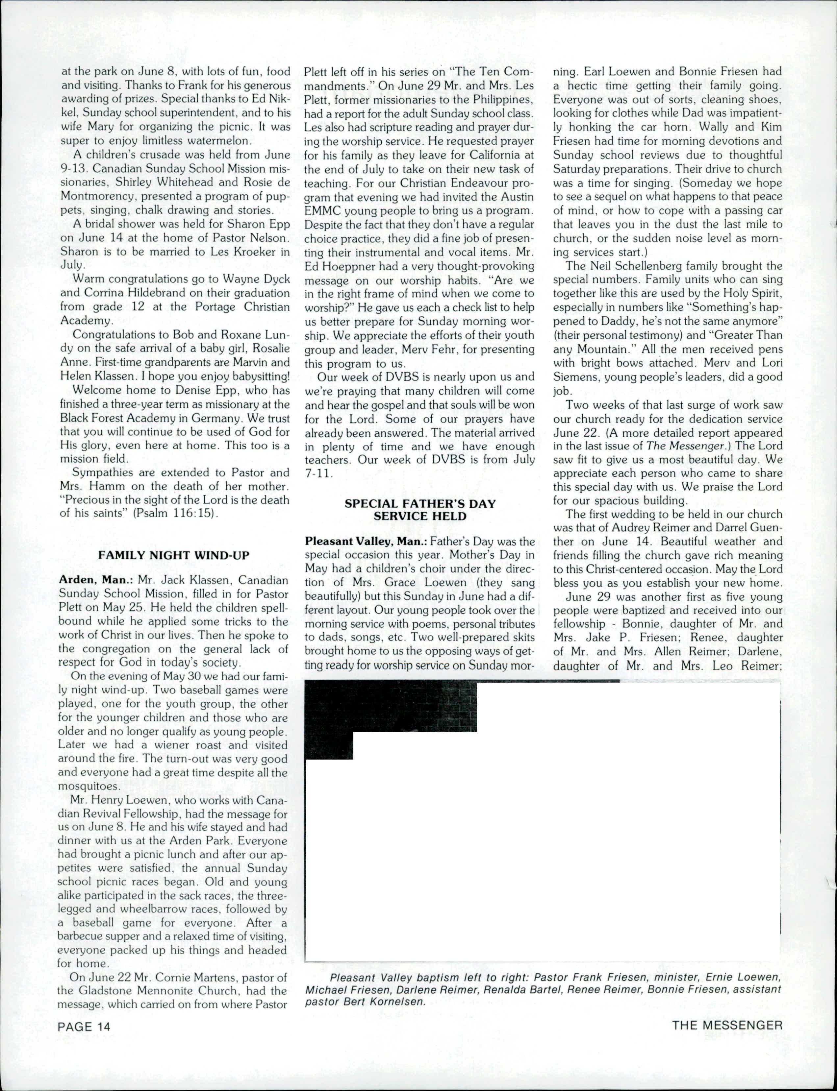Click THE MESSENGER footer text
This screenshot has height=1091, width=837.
point(727,1025)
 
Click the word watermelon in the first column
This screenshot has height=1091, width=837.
point(212,140)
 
